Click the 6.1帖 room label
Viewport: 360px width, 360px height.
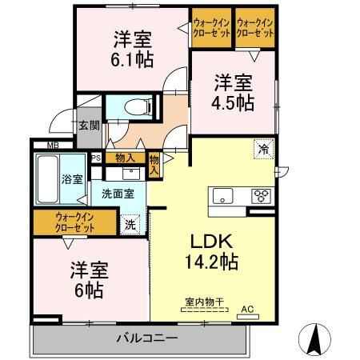pyautogui.click(x=131, y=48)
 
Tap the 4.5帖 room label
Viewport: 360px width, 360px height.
pyautogui.click(x=234, y=92)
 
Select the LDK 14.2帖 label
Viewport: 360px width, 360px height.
pyautogui.click(x=207, y=250)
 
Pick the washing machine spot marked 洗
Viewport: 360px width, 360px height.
pyautogui.click(x=130, y=225)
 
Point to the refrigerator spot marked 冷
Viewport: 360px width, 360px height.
pyautogui.click(x=262, y=148)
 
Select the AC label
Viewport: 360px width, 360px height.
pyautogui.click(x=247, y=308)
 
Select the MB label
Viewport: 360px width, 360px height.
pyautogui.click(x=52, y=145)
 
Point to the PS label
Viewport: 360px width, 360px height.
pyautogui.click(x=95, y=158)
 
